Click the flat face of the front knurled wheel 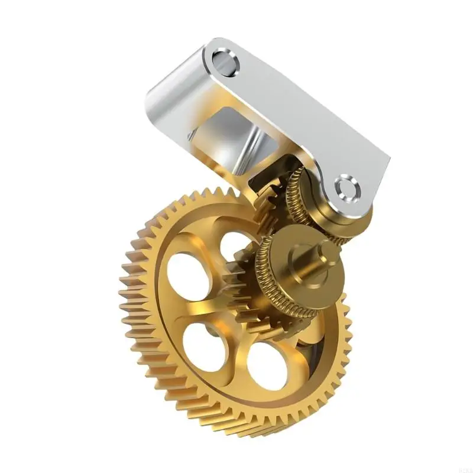point(296,278)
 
